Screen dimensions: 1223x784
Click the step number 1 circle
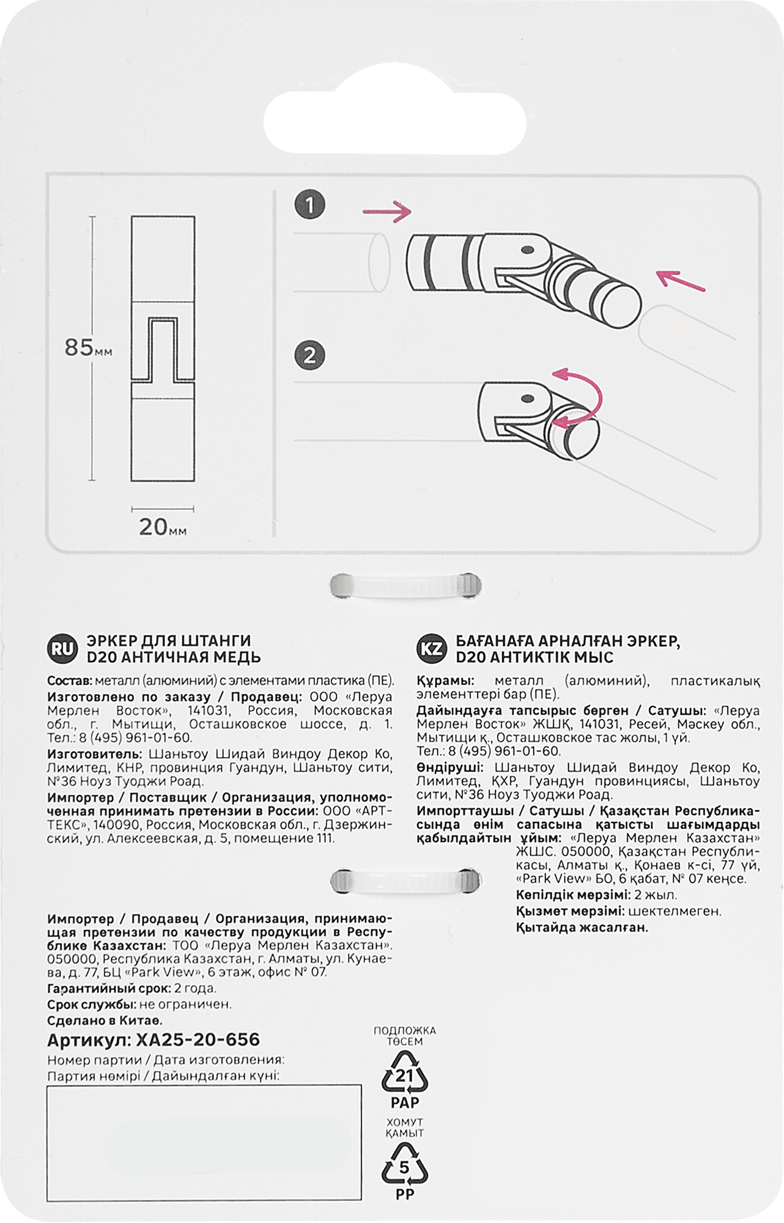[x=309, y=205]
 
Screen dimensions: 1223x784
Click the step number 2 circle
[x=309, y=356]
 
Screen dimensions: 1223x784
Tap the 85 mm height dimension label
[x=87, y=348]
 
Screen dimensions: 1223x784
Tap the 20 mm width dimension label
[x=162, y=527]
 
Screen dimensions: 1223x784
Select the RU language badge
[x=62, y=649]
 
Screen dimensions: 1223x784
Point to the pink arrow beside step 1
[x=386, y=212]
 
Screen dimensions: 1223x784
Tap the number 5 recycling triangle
[x=404, y=1169]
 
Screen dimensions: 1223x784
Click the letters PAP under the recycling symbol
[x=404, y=1103]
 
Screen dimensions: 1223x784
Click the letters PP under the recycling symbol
[x=404, y=1194]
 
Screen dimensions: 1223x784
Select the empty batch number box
[x=204, y=1142]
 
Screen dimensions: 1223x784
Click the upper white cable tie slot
[x=405, y=585]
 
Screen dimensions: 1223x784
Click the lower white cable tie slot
[x=405, y=881]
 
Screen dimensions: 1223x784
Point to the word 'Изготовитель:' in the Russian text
[x=94, y=754]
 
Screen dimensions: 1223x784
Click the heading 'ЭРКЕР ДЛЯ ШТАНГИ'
[x=169, y=641]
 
